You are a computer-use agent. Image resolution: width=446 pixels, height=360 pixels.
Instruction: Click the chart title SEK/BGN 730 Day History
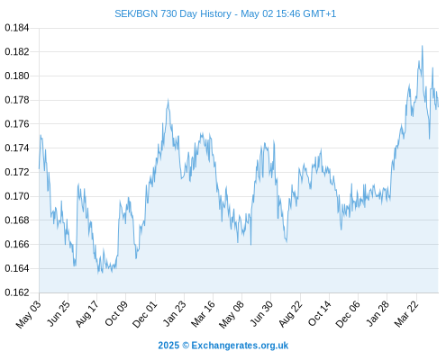(x=173, y=13)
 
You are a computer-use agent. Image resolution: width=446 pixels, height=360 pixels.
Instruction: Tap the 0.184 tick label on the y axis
(x=17, y=28)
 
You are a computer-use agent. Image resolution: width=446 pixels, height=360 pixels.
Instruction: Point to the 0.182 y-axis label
(x=17, y=52)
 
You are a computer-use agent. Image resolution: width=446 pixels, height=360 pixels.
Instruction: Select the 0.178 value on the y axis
(x=17, y=100)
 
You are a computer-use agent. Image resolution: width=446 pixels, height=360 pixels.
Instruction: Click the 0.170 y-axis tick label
(x=17, y=196)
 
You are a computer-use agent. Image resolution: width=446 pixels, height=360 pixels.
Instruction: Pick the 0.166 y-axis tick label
(x=17, y=244)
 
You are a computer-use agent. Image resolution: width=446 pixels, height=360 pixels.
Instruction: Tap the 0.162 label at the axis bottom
(x=17, y=292)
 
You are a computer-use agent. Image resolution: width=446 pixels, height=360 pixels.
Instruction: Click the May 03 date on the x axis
(x=28, y=314)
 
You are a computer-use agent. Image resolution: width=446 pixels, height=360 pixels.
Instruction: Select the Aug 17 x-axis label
(x=86, y=314)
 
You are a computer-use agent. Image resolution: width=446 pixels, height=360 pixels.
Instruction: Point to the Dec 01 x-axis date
(x=145, y=314)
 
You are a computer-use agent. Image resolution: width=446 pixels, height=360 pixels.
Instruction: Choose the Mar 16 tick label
(x=203, y=314)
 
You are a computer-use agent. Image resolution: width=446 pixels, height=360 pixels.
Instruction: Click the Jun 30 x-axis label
(x=261, y=314)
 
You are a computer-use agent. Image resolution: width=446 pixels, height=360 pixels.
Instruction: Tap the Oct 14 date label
(x=320, y=314)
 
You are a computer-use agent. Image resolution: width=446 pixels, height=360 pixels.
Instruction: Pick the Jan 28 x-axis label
(x=378, y=314)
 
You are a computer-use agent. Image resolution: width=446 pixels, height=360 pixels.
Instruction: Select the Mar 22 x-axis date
(x=406, y=314)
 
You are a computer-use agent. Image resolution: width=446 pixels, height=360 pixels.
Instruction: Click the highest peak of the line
(x=422, y=46)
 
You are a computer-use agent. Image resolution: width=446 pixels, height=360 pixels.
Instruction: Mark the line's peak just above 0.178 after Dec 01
(x=168, y=99)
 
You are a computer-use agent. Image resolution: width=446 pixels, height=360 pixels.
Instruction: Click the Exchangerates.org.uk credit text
(x=240, y=346)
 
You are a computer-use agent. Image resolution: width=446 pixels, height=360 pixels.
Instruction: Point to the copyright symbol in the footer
(x=186, y=346)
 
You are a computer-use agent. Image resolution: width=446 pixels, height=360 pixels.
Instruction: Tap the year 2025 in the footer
(x=168, y=346)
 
